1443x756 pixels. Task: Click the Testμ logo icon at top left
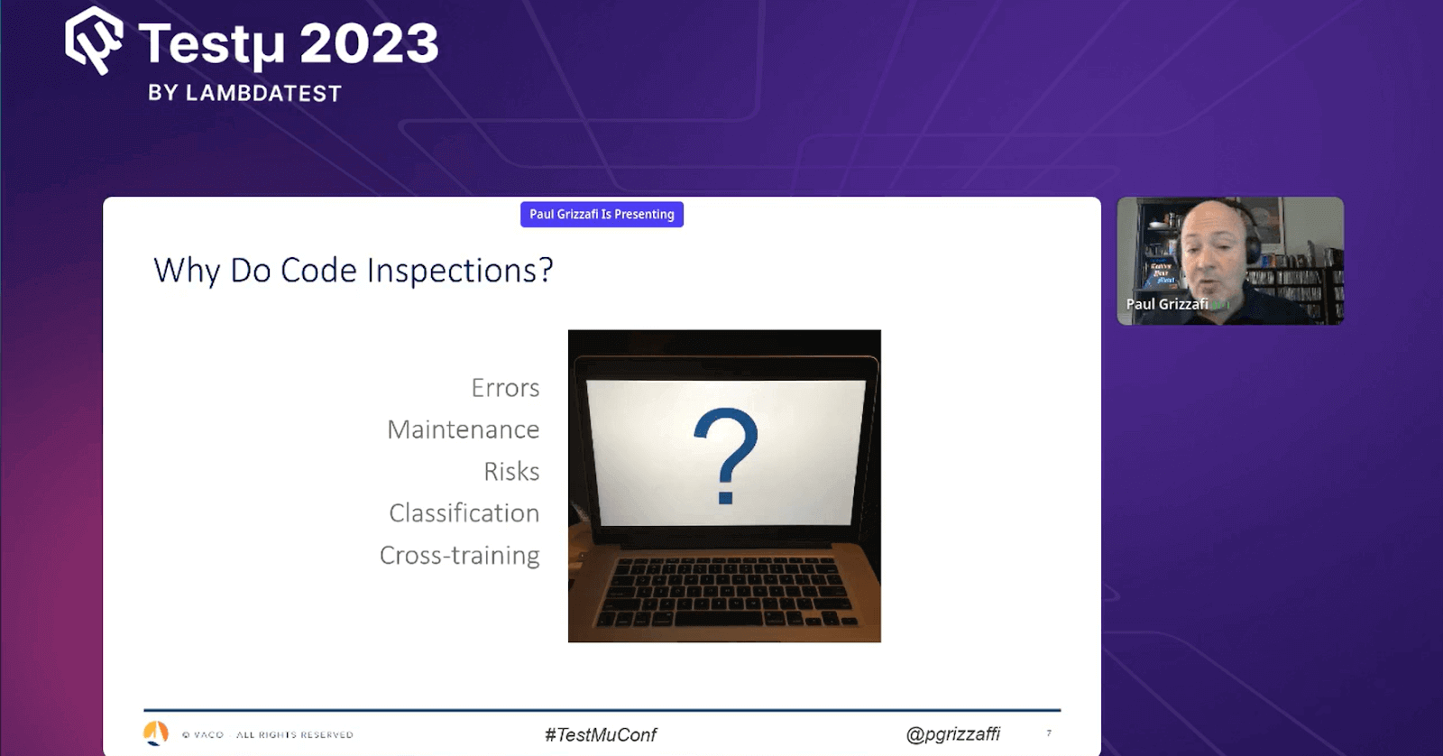point(94,40)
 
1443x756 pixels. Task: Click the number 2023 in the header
point(369,43)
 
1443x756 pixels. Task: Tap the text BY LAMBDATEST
point(244,93)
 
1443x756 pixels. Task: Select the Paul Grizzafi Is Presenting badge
point(602,214)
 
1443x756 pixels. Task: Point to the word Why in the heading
point(187,270)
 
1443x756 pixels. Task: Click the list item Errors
point(505,388)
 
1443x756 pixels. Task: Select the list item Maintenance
point(463,429)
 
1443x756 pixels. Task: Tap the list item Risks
point(511,471)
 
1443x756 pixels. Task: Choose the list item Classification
point(464,512)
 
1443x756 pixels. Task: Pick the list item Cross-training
point(459,555)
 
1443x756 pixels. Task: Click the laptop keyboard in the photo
point(727,591)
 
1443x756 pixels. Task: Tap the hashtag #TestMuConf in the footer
point(601,734)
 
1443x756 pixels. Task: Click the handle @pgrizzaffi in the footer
point(952,733)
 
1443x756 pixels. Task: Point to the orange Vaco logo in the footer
point(156,733)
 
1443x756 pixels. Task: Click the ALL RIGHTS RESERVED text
point(294,734)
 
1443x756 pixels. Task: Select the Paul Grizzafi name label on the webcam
point(1166,304)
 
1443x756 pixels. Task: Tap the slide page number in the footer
point(1049,733)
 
